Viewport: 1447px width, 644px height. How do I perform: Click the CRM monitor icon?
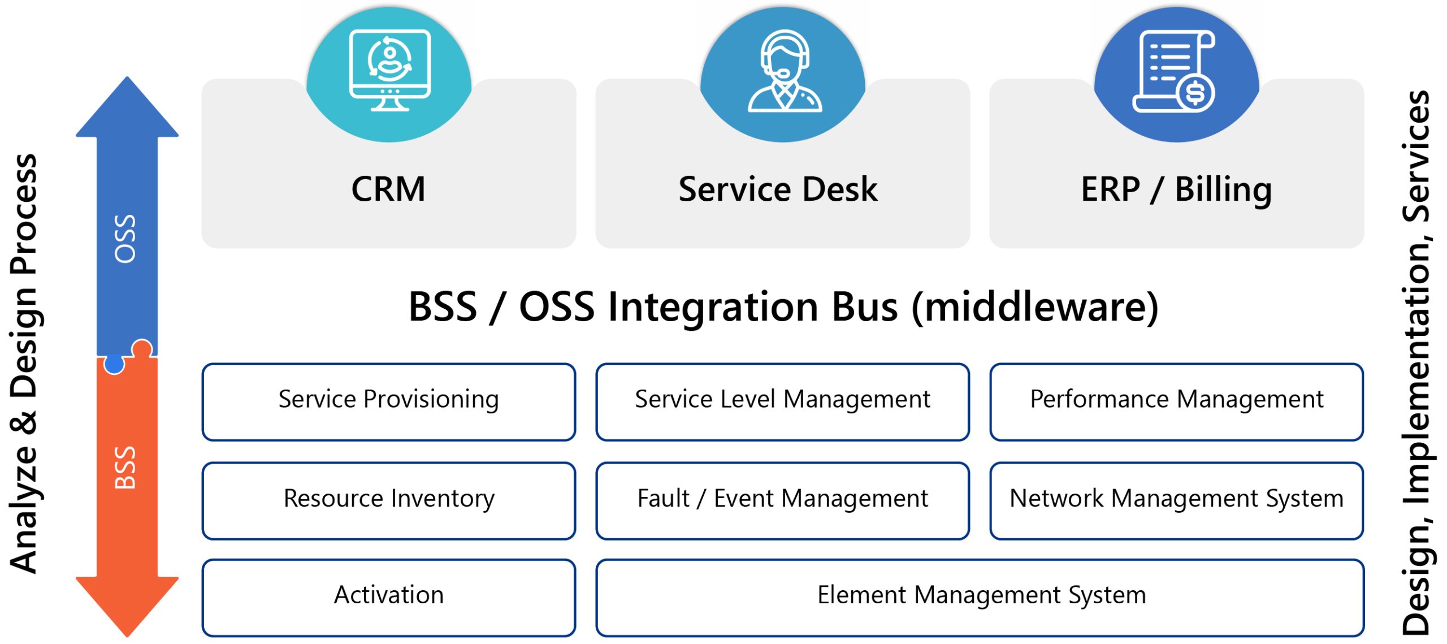(x=389, y=70)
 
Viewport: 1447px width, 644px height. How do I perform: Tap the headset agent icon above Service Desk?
(x=784, y=71)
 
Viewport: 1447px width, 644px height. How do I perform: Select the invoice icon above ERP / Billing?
(x=1175, y=71)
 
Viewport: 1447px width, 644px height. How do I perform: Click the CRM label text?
(x=388, y=189)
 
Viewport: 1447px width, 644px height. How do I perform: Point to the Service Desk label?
(x=778, y=189)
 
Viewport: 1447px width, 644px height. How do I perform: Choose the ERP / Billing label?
(x=1176, y=189)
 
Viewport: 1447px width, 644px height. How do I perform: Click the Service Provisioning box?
(x=389, y=401)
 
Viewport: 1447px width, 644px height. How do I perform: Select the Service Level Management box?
(x=782, y=401)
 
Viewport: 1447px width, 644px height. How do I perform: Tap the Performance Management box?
(x=1176, y=401)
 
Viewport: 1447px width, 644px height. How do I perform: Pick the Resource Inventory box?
(x=389, y=500)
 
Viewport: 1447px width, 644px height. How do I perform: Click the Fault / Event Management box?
(x=782, y=500)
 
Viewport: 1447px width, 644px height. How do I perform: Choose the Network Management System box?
(x=1176, y=500)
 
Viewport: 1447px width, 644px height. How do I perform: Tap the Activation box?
(x=389, y=597)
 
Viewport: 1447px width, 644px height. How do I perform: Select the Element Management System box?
(x=981, y=597)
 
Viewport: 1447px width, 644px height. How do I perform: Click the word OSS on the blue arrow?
(x=125, y=239)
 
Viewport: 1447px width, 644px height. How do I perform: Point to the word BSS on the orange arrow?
(x=125, y=467)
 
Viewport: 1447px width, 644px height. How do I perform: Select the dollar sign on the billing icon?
(x=1195, y=93)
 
